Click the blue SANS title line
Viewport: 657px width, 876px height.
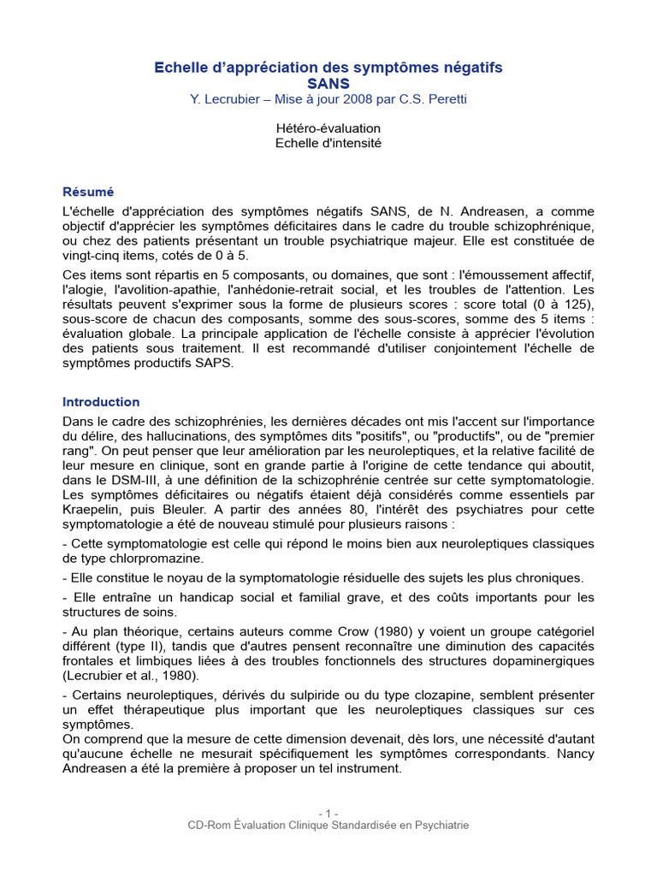click(x=328, y=83)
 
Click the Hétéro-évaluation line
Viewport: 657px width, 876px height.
click(x=328, y=128)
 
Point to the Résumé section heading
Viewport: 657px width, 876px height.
click(x=88, y=192)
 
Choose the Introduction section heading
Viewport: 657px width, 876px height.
click(x=101, y=401)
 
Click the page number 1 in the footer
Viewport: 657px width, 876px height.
click(x=328, y=813)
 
